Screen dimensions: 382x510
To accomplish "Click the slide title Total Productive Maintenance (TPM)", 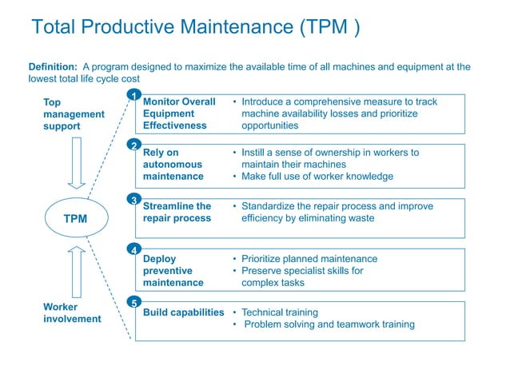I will coord(195,28).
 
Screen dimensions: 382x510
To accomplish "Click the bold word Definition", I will coord(53,67).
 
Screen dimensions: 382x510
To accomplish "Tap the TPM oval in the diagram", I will coord(76,218).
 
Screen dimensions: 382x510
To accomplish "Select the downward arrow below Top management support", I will coord(77,162).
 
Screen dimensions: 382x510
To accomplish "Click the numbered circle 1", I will coord(134,97).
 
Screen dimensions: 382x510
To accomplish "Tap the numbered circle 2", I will coord(134,145).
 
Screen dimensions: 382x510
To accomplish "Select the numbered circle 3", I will coord(134,199).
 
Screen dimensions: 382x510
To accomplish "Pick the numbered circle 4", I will coord(134,249).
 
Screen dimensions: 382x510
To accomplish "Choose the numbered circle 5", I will coord(134,302).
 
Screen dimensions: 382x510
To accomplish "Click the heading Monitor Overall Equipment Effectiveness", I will coord(179,113).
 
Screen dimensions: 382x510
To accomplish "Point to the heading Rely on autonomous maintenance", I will coord(173,164).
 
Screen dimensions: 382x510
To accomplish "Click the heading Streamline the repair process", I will coord(177,212).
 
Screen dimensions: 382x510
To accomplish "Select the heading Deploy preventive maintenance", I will coord(173,270).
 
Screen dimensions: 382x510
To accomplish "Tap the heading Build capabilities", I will coord(183,312).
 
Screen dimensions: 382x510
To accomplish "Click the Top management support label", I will coord(74,114).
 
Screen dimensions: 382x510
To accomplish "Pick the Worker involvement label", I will coord(72,312).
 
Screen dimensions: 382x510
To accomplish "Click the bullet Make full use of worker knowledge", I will coord(317,177).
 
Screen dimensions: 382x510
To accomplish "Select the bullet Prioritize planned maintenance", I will coord(309,259).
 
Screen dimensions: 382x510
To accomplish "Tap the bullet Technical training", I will coord(279,312).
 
